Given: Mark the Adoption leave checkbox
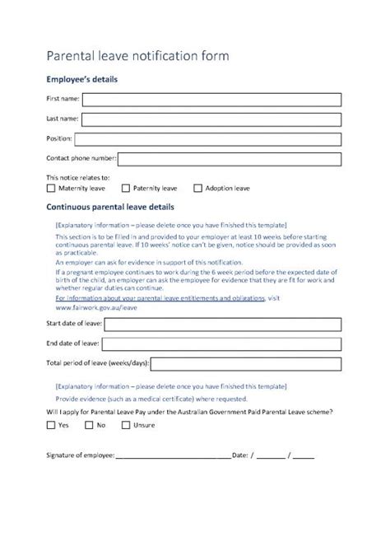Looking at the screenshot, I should coord(197,189).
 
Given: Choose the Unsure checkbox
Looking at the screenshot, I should coord(126,425).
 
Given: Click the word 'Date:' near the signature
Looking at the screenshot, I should coord(240,454).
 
